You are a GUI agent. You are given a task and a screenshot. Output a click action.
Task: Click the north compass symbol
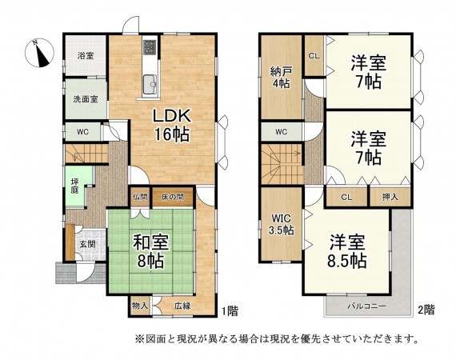[38, 54]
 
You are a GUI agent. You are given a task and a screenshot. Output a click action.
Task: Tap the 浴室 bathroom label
[85, 56]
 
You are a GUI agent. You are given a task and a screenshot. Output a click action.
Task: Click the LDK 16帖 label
[171, 125]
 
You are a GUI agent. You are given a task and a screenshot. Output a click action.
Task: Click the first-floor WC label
[82, 131]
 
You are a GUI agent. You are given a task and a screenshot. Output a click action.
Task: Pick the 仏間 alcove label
[140, 196]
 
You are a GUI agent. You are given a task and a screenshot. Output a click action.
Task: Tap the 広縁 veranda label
[182, 305]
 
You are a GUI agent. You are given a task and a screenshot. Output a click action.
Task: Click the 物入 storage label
[140, 305]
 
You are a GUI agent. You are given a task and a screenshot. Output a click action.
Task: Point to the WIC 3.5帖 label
[281, 222]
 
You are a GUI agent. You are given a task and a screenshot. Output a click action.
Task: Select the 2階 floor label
[425, 308]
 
